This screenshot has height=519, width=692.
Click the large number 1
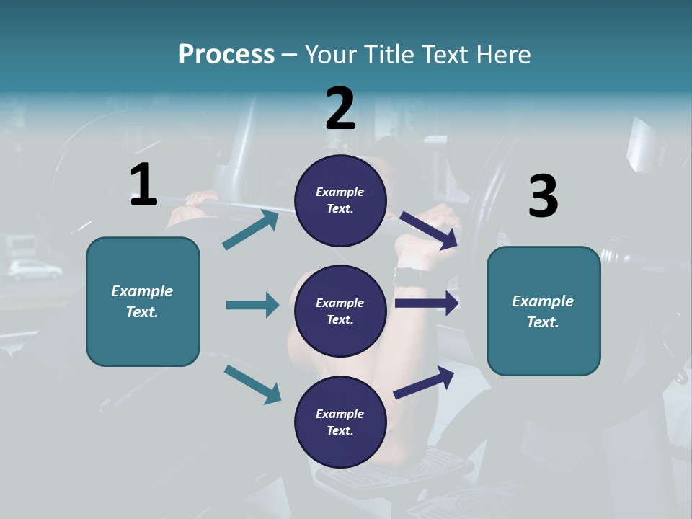tap(143, 185)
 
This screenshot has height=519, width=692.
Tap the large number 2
tap(340, 109)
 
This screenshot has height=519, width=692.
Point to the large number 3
tap(543, 196)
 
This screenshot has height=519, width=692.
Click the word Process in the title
tap(226, 54)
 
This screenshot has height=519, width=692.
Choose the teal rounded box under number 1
tap(143, 301)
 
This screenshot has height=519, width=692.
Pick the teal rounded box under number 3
tap(544, 311)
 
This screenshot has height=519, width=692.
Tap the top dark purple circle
tap(340, 200)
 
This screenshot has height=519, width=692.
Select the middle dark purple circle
tap(340, 311)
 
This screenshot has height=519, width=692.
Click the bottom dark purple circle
tap(340, 422)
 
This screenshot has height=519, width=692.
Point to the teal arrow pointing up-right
tap(250, 229)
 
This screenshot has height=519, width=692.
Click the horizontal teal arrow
tap(252, 305)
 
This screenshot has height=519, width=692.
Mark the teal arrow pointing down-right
tap(252, 384)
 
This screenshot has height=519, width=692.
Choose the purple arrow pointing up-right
tap(424, 382)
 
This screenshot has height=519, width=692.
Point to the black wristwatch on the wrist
tap(409, 275)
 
